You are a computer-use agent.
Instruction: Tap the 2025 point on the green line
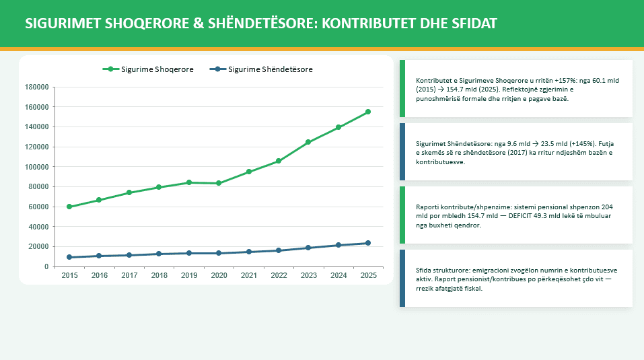point(368,112)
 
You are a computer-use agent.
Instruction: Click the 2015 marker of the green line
point(69,207)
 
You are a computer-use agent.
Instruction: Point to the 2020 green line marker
point(219,183)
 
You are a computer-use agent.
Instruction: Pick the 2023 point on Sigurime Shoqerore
point(308,142)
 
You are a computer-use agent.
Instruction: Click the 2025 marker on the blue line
point(368,243)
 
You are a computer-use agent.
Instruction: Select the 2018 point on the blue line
point(159,254)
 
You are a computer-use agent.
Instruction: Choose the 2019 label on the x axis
point(188,275)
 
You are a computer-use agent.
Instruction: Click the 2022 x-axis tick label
point(279,275)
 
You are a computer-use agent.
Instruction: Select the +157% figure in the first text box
point(538,80)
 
